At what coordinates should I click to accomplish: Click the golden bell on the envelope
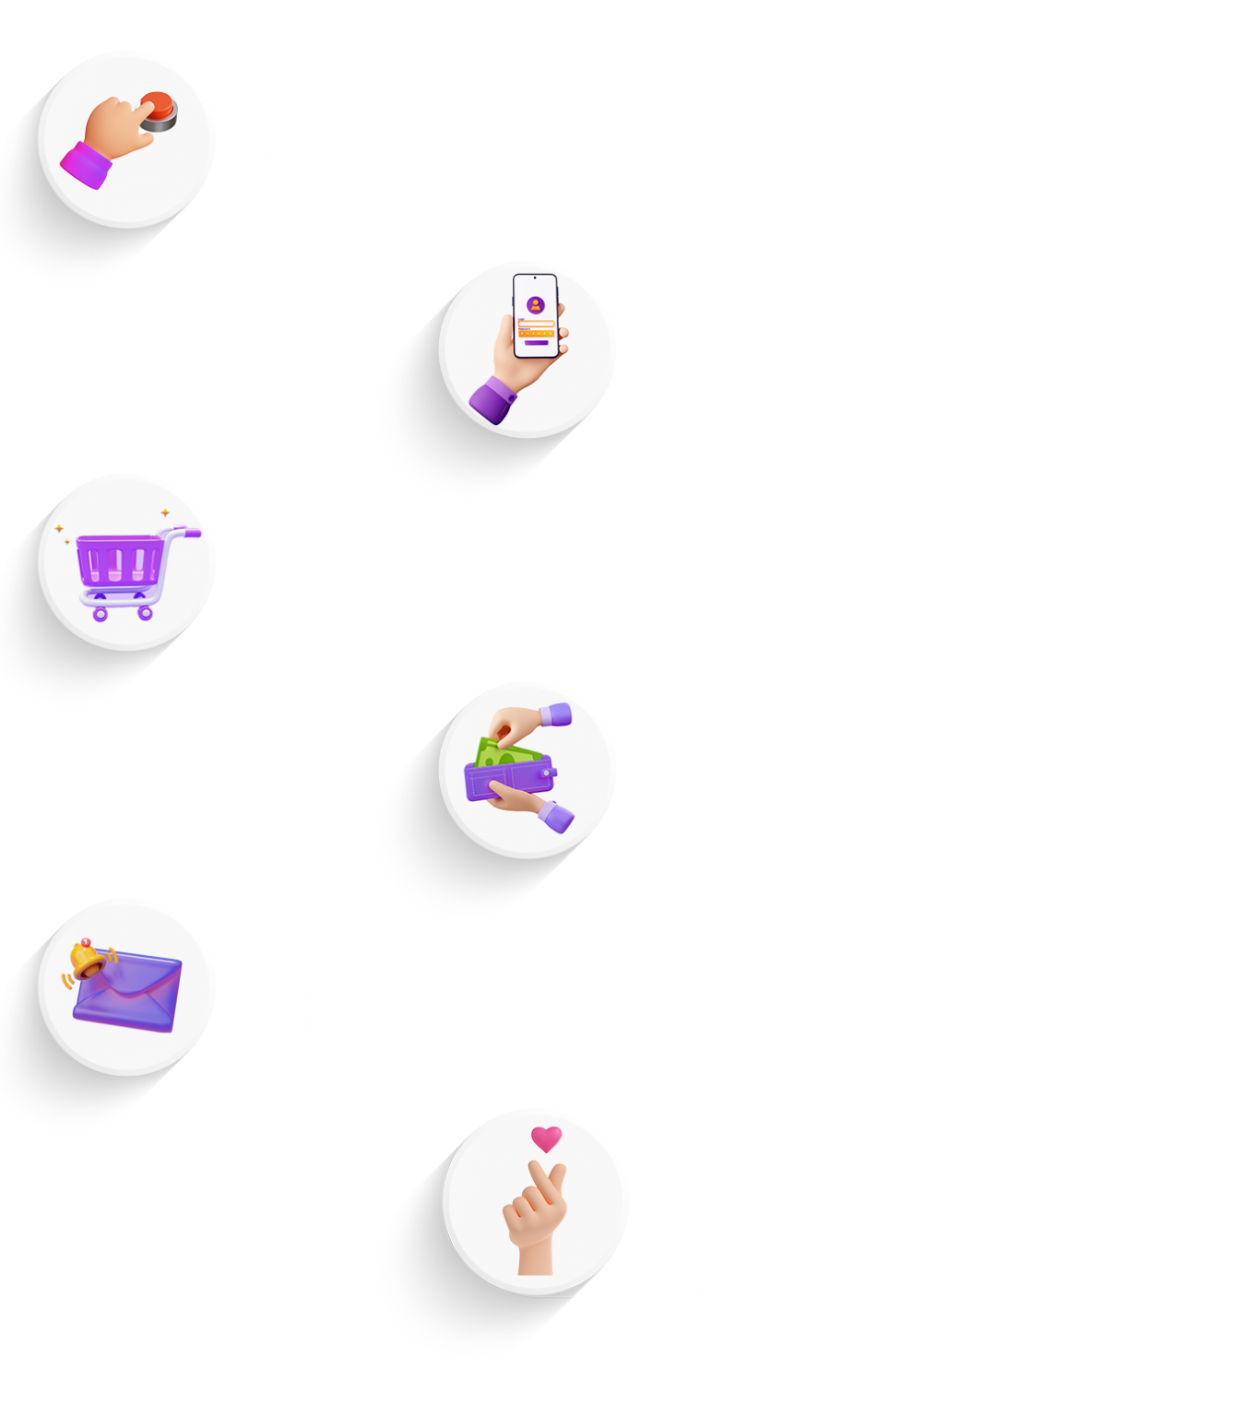point(89,960)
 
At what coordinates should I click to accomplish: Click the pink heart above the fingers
point(546,1138)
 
